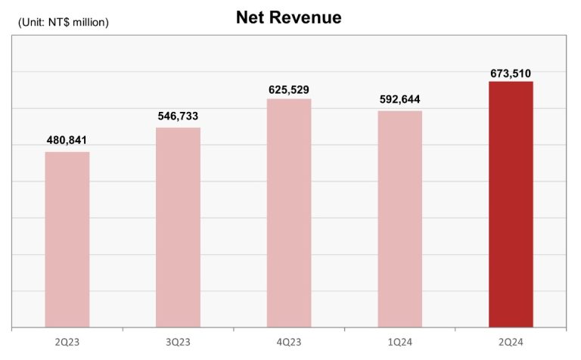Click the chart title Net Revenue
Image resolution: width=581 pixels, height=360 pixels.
pyautogui.click(x=288, y=18)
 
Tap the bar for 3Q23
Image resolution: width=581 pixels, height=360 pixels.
pyautogui.click(x=178, y=228)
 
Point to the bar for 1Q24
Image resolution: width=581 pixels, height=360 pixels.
pyautogui.click(x=399, y=219)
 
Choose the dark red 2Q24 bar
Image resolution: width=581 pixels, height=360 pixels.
pyautogui.click(x=511, y=204)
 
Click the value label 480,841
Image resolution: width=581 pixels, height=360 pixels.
pyautogui.click(x=67, y=141)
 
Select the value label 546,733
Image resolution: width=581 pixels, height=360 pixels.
pyautogui.click(x=178, y=116)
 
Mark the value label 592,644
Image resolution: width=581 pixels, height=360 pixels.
pyautogui.click(x=399, y=100)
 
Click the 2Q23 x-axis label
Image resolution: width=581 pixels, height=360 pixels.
pyautogui.click(x=67, y=343)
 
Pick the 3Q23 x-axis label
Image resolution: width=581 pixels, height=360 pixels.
pyautogui.click(x=178, y=343)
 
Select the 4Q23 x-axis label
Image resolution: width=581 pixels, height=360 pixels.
pyautogui.click(x=289, y=343)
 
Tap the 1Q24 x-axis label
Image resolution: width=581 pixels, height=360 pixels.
pyautogui.click(x=399, y=343)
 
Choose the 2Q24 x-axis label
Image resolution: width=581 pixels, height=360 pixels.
pyautogui.click(x=511, y=343)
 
